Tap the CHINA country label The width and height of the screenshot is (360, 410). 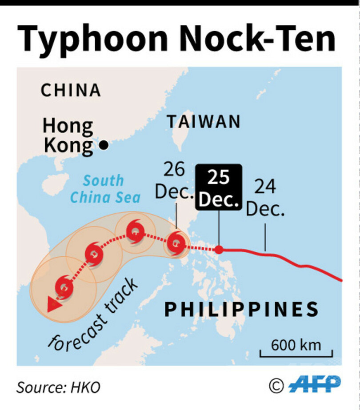click(x=71, y=90)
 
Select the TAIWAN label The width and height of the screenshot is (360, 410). click(x=204, y=121)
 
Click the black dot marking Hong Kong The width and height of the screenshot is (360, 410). click(x=104, y=145)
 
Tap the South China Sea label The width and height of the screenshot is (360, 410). click(x=105, y=188)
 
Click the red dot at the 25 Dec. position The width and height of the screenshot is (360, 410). click(x=219, y=249)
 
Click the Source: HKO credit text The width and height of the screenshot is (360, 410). click(x=58, y=387)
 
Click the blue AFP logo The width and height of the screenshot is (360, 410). click(x=315, y=384)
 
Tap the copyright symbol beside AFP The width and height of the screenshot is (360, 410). click(x=276, y=385)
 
